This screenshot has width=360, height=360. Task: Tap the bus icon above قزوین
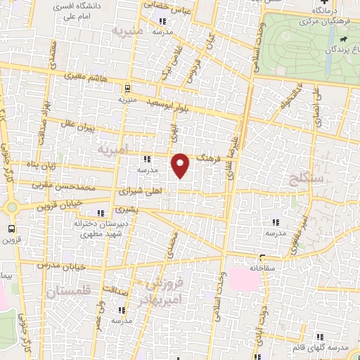click(x=11, y=229)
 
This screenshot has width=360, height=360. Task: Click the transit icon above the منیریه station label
click(x=127, y=89)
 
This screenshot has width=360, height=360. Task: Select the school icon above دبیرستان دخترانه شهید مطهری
click(x=101, y=212)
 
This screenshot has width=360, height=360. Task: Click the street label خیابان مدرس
click(x=68, y=265)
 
